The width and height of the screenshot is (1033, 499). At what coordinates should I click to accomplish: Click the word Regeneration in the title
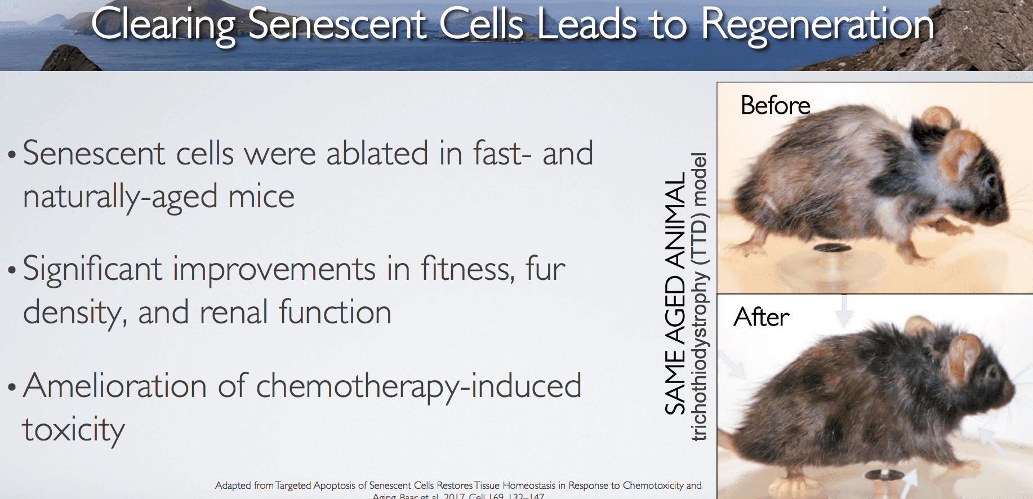click(x=817, y=25)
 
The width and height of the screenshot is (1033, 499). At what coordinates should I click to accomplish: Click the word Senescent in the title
click(x=337, y=25)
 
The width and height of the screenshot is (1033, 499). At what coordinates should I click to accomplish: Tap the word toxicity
click(x=73, y=430)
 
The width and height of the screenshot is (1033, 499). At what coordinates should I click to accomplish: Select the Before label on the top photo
click(x=775, y=105)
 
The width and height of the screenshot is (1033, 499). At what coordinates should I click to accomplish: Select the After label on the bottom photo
click(x=761, y=317)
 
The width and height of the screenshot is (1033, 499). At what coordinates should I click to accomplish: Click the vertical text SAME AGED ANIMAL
click(x=675, y=293)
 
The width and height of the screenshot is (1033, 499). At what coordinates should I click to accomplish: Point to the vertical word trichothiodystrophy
click(x=700, y=355)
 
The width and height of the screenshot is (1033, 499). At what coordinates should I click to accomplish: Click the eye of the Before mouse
click(x=990, y=181)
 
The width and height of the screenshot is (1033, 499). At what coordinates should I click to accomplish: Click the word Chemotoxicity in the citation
click(x=653, y=485)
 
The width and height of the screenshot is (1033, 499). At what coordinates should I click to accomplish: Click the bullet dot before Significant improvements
click(x=12, y=270)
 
